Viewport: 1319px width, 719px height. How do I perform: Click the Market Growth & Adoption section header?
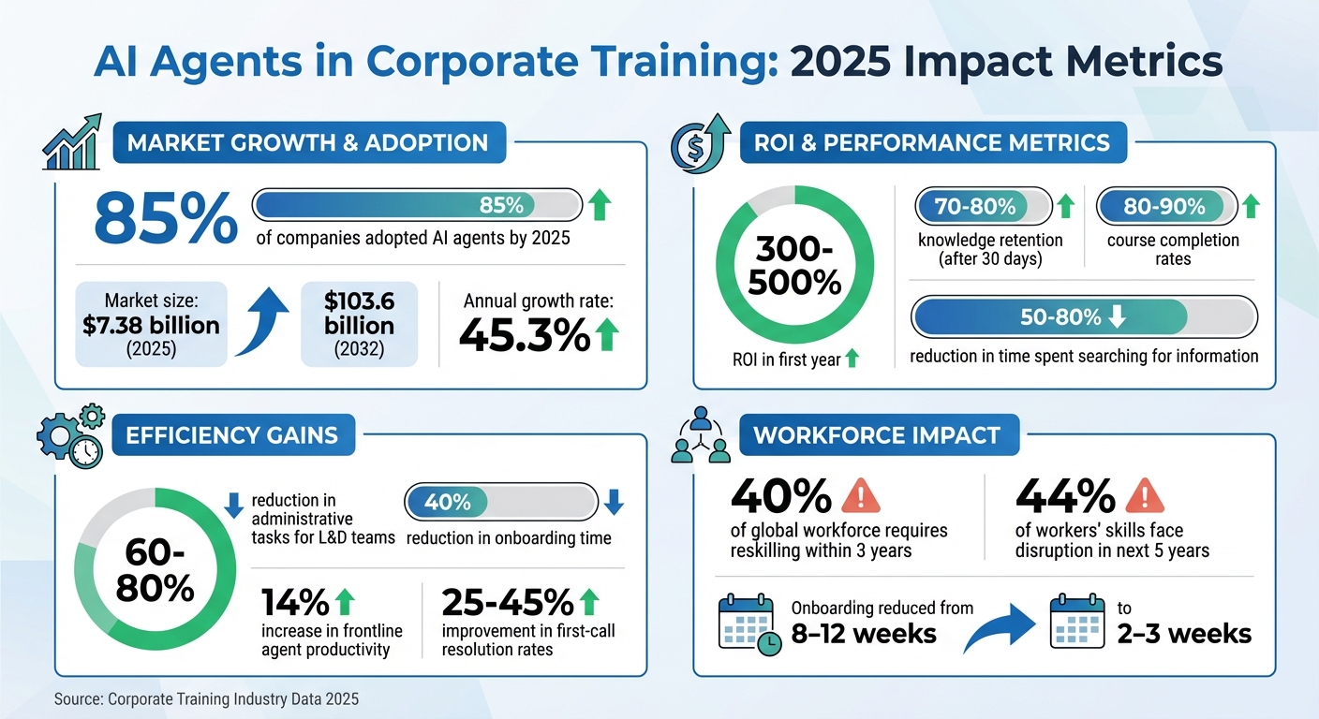tap(307, 143)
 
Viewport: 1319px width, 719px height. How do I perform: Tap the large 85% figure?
tap(166, 221)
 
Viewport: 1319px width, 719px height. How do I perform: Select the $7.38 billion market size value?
tap(150, 325)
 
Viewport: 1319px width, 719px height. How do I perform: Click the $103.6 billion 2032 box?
tap(360, 324)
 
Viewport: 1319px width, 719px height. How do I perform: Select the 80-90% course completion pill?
tap(1163, 206)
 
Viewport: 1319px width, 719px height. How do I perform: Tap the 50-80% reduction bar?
tap(1084, 317)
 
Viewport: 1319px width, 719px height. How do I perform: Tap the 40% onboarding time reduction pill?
tap(500, 503)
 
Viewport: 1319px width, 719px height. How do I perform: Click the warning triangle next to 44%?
tap(1144, 495)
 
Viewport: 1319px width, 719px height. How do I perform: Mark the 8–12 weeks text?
tap(865, 633)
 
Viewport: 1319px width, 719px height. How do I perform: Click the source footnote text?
tap(206, 698)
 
